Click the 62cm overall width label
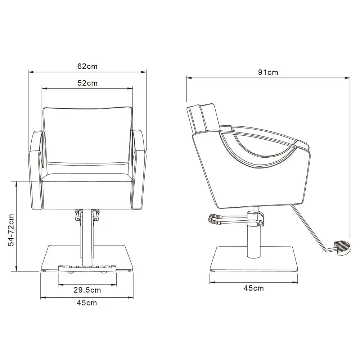point(87,66)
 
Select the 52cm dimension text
point(87,83)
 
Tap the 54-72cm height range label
point(12,230)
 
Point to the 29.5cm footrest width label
point(87,289)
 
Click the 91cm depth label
point(268,72)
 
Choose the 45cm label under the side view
point(254,288)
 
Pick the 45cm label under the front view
point(87,303)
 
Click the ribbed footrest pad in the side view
point(342,248)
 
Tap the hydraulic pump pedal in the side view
point(214,219)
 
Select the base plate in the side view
point(254,259)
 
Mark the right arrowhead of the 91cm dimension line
point(348,77)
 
